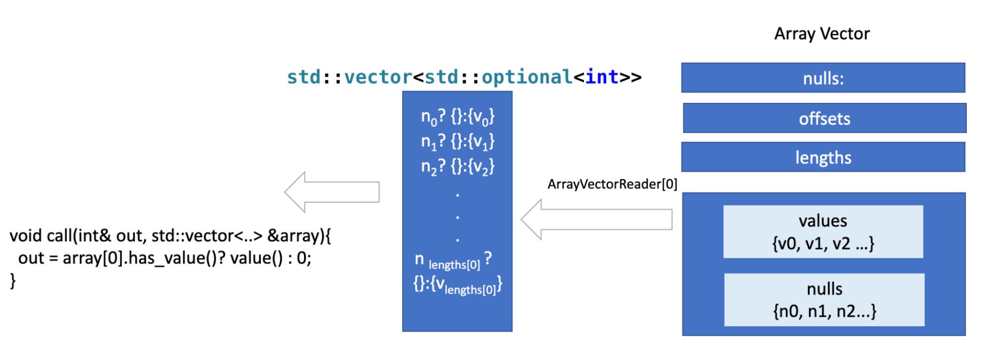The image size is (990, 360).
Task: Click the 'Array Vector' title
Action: (822, 34)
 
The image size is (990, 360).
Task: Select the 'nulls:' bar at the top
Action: (823, 78)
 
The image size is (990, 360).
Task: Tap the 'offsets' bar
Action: (824, 118)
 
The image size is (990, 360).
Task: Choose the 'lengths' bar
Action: (823, 157)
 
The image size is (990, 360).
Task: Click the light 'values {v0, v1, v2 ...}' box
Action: (823, 232)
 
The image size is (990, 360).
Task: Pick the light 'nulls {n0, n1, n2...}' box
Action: (824, 300)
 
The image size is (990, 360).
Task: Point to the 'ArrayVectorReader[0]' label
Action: (612, 184)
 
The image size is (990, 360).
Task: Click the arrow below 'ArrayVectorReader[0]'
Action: (596, 219)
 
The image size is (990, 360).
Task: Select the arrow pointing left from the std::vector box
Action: (332, 192)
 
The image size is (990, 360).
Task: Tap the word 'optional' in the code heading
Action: (527, 77)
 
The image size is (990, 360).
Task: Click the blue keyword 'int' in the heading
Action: (602, 77)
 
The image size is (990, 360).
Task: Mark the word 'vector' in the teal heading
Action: (378, 77)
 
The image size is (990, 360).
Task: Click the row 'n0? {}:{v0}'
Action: (457, 117)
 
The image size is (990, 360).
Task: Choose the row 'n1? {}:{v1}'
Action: (457, 142)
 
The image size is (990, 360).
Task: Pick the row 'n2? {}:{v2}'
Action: (457, 167)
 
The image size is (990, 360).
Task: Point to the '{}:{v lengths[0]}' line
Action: (457, 286)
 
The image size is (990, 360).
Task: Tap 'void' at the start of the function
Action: (26, 236)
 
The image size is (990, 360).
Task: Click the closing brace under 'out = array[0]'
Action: (13, 281)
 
